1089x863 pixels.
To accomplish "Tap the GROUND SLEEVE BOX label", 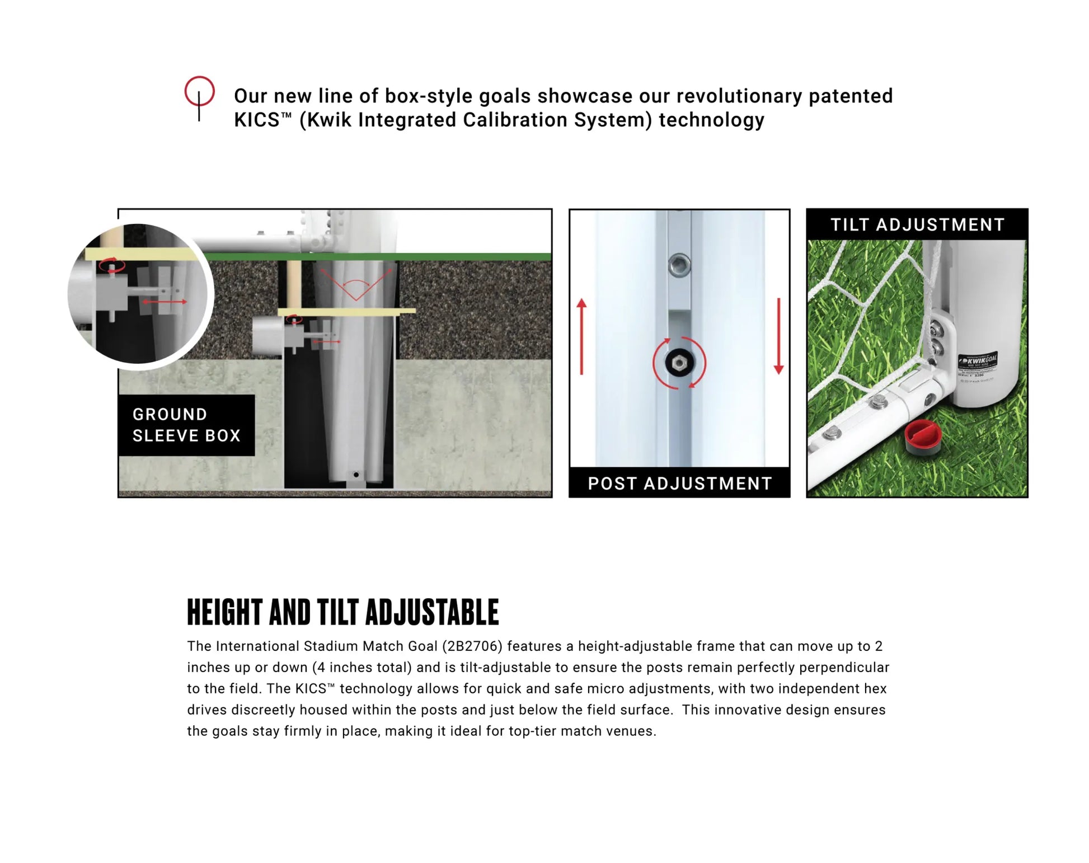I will tap(186, 425).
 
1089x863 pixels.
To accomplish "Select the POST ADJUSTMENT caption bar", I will tap(679, 483).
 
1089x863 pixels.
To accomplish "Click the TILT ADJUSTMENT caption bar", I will tap(917, 224).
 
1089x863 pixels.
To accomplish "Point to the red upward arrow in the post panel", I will tap(582, 336).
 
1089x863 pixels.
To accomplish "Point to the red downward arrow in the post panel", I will tap(778, 336).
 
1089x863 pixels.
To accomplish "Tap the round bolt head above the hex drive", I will tap(679, 264).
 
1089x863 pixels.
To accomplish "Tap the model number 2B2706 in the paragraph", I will tap(472, 646).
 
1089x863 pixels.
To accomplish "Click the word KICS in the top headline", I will tap(256, 120).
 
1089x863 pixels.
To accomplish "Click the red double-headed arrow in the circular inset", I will tap(164, 302).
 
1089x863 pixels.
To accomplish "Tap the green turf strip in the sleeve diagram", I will tap(448, 257).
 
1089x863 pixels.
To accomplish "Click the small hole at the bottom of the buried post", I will tap(356, 475).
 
